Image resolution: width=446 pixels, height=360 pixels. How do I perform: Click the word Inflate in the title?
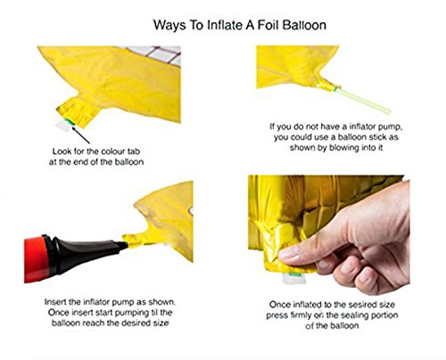coord(225,25)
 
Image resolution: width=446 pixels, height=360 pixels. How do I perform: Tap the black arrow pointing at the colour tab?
coord(81,135)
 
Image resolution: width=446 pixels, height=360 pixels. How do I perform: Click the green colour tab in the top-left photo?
coord(70,121)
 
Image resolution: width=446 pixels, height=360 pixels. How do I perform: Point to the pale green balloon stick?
coord(364,101)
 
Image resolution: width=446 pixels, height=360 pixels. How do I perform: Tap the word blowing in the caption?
coord(341,148)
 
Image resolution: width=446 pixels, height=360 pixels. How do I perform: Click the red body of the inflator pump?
coord(36,259)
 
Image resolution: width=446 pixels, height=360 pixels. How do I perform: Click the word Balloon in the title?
coord(304,25)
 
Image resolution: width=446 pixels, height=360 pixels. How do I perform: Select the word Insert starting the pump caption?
coord(56,302)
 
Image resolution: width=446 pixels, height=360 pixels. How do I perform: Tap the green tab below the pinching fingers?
coord(293,274)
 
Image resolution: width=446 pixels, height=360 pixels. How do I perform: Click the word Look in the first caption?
coord(62,151)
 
